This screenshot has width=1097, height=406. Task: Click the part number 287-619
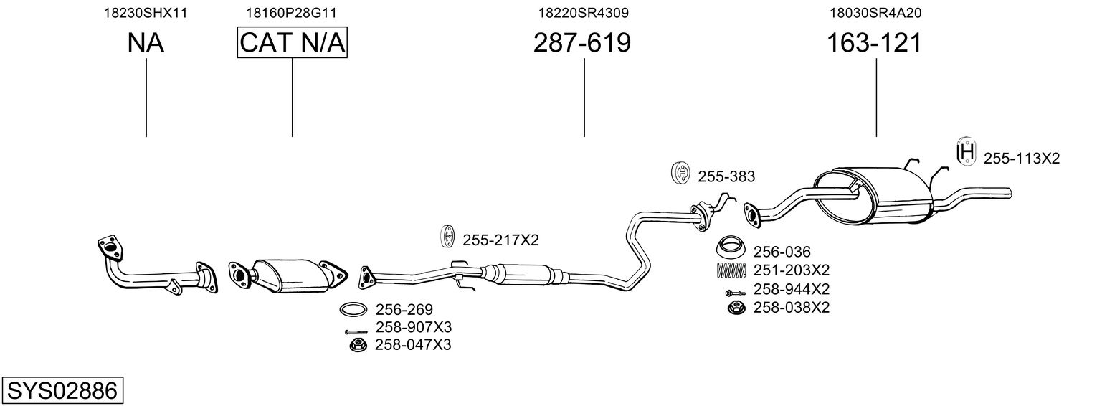581,44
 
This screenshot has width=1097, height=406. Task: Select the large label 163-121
874,44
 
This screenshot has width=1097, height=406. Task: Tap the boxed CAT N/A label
293,44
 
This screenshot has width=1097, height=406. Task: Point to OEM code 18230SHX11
146,13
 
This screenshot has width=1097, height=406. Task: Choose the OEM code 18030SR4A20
875,13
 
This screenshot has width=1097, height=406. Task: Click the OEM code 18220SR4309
584,13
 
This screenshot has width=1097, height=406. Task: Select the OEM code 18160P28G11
292,13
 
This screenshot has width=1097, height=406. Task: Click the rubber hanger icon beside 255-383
680,173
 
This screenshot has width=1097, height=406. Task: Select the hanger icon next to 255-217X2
447,237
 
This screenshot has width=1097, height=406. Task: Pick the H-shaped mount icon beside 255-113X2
966,153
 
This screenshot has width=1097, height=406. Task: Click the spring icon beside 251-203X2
732,270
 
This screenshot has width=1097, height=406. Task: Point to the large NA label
146,44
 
